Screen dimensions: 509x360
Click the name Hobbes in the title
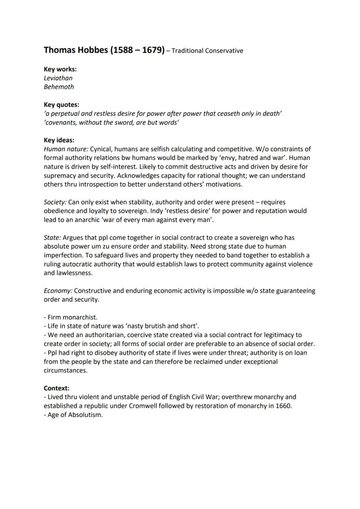91,50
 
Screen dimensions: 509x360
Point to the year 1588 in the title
123,50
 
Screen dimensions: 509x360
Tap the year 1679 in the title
152,50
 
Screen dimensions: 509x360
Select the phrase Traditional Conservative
207,51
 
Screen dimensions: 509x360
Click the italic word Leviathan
58,78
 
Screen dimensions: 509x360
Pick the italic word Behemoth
59,86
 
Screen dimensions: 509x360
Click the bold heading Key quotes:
61,104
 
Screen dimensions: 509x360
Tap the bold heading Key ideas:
59,140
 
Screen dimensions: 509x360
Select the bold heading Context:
57,388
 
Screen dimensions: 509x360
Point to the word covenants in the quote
61,122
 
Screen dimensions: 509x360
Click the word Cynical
101,149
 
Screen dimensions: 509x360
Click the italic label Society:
55,202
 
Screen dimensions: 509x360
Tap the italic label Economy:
58,291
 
